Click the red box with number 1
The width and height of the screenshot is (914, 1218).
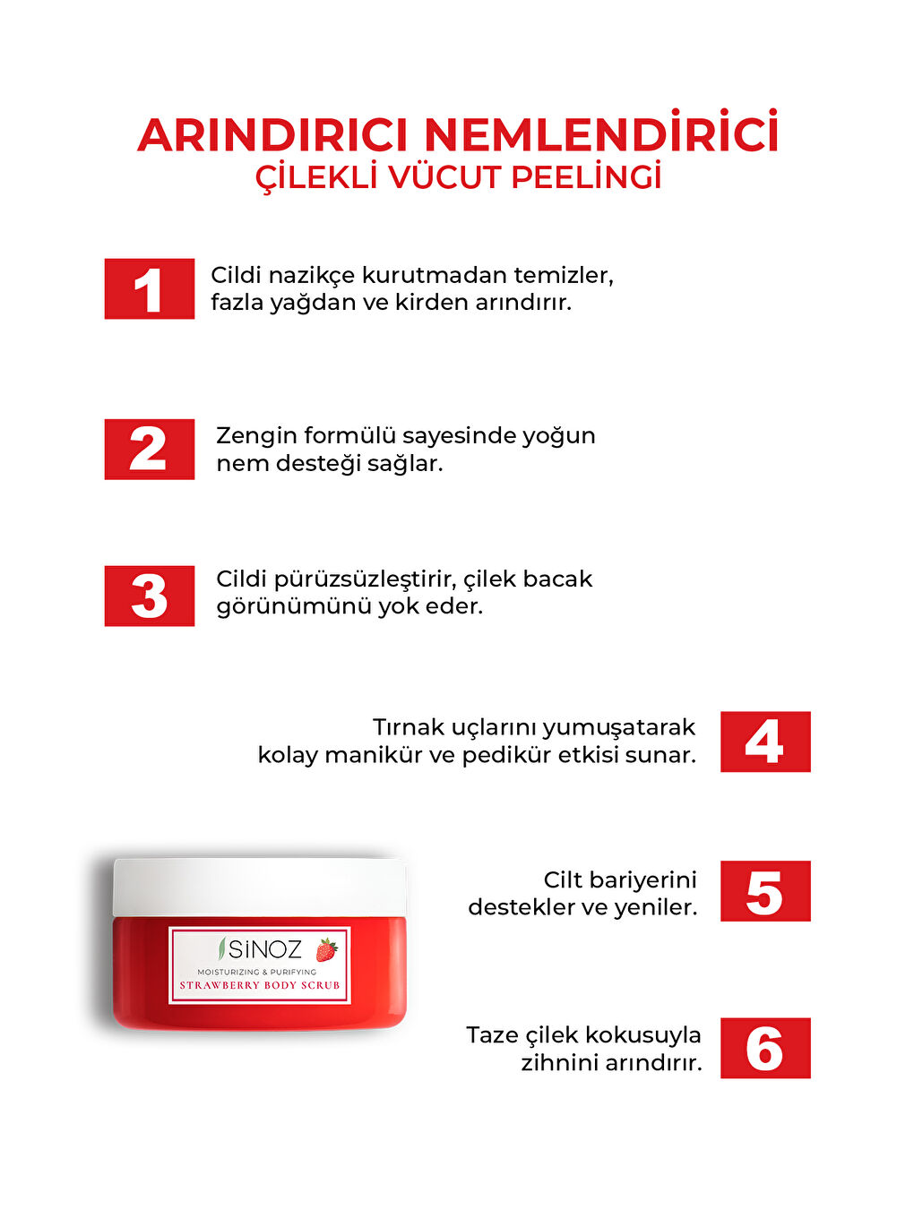(149, 288)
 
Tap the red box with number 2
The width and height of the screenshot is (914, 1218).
(149, 449)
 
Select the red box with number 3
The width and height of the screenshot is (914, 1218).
(149, 596)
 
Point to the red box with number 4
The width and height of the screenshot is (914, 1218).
(765, 742)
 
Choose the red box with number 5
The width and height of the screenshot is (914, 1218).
(765, 891)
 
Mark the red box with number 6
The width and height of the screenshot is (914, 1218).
(765, 1048)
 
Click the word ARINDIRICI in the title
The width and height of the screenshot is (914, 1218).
(272, 135)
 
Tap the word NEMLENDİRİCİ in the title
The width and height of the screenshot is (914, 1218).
(600, 134)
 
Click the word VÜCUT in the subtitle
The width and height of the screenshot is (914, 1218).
(444, 177)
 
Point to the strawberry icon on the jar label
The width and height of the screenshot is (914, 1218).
(326, 949)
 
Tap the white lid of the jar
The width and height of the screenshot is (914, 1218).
(259, 886)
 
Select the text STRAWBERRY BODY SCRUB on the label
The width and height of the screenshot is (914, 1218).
(260, 985)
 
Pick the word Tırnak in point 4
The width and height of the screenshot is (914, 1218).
(408, 726)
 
